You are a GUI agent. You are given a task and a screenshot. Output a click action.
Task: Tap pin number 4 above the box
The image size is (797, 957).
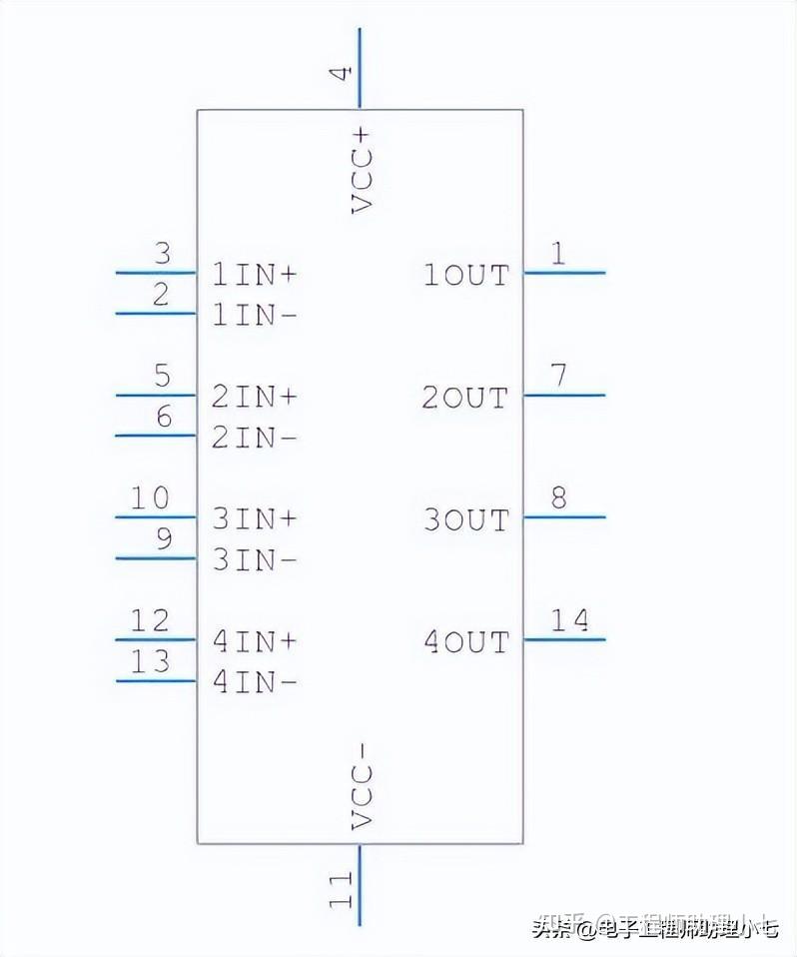click(x=342, y=73)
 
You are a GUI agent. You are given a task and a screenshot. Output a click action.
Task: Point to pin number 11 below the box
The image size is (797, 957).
click(x=342, y=889)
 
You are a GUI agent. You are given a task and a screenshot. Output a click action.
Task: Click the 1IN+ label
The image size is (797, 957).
click(x=255, y=275)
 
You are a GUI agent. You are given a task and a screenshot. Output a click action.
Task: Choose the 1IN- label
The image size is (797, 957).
click(x=255, y=316)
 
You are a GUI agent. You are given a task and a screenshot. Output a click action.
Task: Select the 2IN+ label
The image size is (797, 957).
click(x=255, y=397)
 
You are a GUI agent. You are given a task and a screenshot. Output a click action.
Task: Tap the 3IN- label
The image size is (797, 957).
click(x=255, y=560)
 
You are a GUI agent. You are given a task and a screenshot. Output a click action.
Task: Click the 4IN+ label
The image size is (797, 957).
click(x=255, y=641)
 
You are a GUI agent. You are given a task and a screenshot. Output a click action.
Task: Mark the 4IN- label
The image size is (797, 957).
click(x=255, y=682)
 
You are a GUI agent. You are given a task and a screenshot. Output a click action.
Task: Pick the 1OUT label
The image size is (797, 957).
click(x=465, y=275)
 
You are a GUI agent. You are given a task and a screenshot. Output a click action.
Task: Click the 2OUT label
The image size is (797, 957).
click(x=465, y=398)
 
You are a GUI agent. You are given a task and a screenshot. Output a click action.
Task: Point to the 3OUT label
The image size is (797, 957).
click(x=465, y=519)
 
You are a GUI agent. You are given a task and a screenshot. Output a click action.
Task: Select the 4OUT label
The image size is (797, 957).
click(x=465, y=641)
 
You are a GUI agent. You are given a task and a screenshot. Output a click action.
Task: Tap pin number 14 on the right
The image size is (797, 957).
click(x=570, y=620)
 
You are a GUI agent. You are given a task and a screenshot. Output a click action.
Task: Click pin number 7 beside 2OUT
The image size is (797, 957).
click(x=559, y=376)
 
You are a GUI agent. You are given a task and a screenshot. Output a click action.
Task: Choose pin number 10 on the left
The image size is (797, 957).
click(x=151, y=497)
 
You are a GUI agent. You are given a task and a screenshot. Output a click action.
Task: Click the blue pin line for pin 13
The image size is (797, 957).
click(x=156, y=681)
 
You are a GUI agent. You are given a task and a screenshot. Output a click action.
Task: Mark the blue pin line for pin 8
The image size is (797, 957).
click(x=564, y=516)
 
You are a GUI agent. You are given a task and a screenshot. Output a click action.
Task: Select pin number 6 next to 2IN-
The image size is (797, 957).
click(x=164, y=417)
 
